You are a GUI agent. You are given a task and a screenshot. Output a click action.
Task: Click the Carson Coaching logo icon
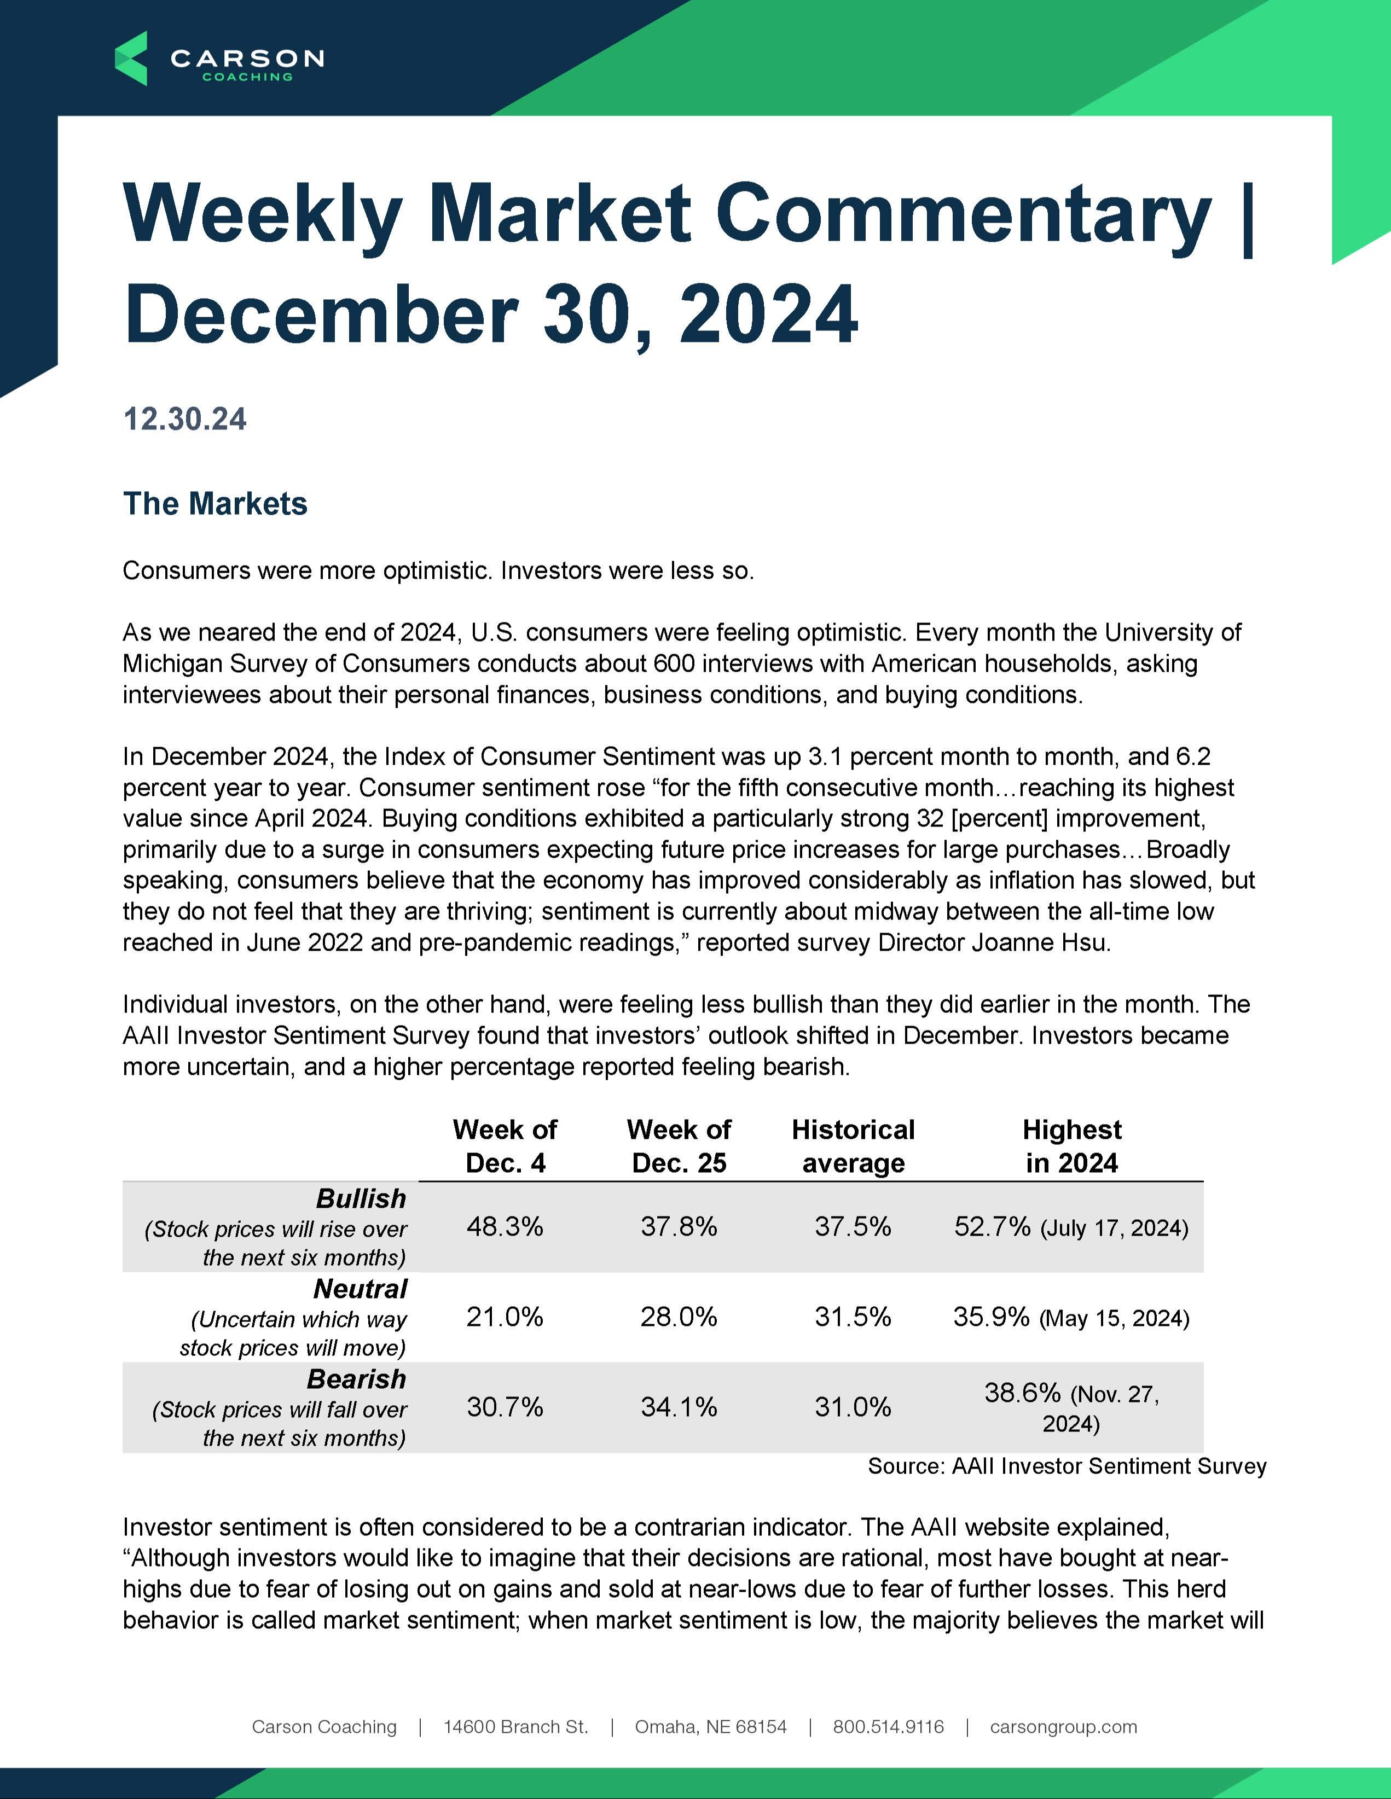coord(131,59)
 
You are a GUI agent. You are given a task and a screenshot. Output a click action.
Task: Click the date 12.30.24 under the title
coord(184,420)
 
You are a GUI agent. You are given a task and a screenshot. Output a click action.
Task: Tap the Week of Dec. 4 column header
coord(505,1146)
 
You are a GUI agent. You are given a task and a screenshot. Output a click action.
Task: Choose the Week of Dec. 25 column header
coord(679,1146)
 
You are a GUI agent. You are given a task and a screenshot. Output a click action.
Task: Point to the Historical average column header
coord(853,1146)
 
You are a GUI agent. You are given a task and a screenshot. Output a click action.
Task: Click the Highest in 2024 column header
coord(1071,1146)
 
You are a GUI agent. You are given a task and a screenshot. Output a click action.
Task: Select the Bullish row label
coord(361,1198)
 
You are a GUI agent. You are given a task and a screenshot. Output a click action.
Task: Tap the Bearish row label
coord(356,1379)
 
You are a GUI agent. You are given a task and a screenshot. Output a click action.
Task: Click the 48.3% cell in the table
coord(505,1226)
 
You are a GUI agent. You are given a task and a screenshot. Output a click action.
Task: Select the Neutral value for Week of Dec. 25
coord(679,1317)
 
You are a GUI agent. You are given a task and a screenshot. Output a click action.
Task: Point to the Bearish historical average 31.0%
coord(853,1407)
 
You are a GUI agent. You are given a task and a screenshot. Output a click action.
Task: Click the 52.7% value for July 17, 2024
coord(992,1226)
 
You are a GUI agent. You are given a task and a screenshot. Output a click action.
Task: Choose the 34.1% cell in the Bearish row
coord(679,1407)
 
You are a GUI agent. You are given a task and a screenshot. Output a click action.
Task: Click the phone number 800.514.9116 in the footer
coord(888,1726)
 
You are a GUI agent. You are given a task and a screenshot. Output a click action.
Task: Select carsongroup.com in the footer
coord(1063,1726)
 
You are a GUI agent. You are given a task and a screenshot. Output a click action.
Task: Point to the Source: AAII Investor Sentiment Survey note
coord(1067,1466)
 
